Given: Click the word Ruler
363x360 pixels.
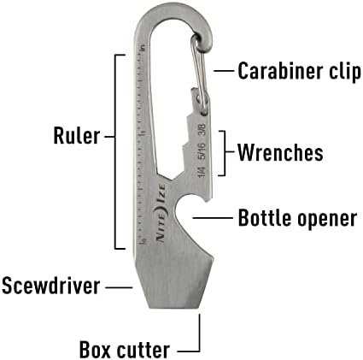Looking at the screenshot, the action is click(x=77, y=135).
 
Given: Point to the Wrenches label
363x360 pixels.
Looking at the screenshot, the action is click(x=280, y=152).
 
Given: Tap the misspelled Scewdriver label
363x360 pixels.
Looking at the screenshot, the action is click(x=51, y=286).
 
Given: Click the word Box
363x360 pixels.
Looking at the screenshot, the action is click(x=95, y=350).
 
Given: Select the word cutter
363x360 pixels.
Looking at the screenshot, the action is click(x=143, y=350).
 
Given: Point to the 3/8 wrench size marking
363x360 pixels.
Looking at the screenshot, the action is click(x=202, y=130).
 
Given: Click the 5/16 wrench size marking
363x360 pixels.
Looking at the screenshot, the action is click(x=202, y=151).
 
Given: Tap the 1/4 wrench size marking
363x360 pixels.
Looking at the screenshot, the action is click(x=202, y=171).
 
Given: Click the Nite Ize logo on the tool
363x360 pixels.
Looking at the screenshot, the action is click(x=161, y=213).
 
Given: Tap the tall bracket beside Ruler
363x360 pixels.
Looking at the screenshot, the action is click(x=115, y=151).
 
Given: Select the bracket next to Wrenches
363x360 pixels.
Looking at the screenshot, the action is click(x=225, y=153).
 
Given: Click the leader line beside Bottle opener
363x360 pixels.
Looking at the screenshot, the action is click(x=213, y=218).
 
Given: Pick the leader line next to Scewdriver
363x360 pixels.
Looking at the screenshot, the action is click(x=119, y=287).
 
